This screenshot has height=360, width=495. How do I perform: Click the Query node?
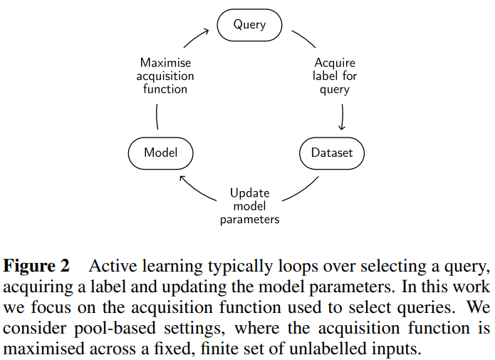[249, 25]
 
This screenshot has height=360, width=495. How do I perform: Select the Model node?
[160, 153]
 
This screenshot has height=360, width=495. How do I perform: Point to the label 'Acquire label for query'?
[334, 76]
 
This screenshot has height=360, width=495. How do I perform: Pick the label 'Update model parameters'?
[249, 206]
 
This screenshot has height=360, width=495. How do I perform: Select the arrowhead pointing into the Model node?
[182, 178]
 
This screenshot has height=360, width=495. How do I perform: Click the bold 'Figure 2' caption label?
[37, 267]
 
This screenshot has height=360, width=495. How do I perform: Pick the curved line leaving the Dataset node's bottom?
[299, 187]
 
